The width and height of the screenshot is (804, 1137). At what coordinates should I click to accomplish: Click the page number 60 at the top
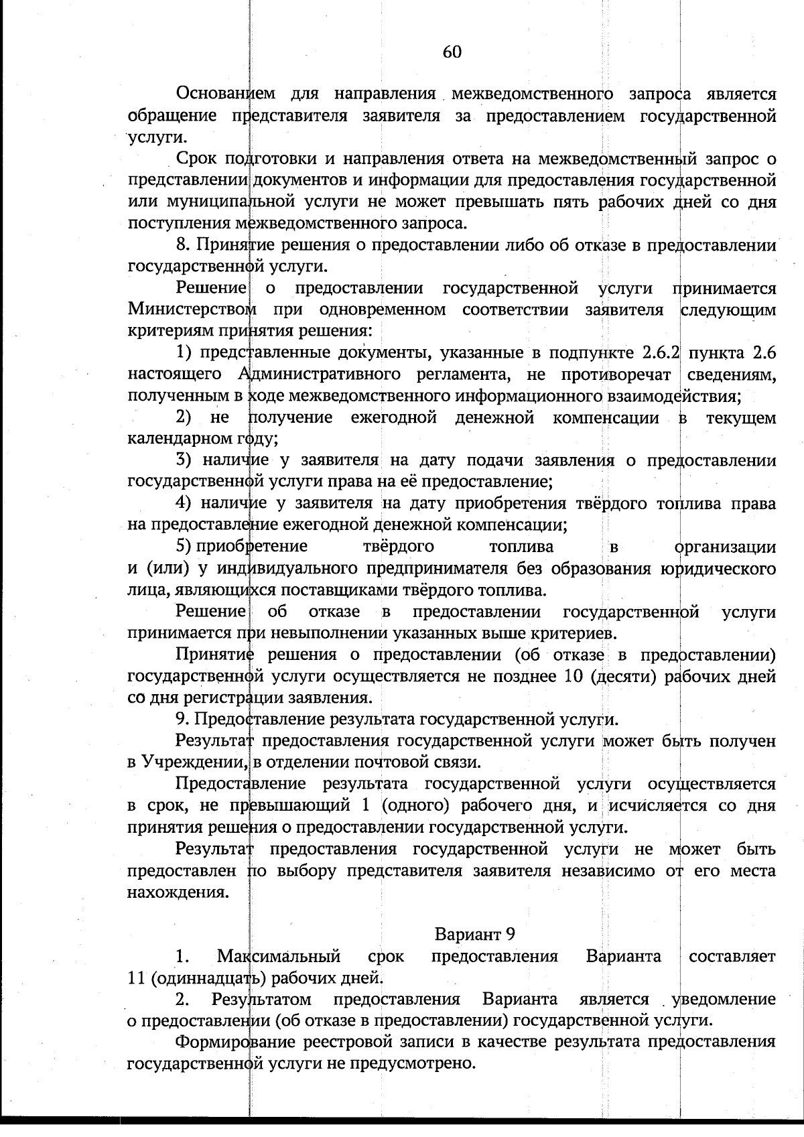[x=452, y=52]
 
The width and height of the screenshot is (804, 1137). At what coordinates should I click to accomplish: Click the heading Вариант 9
[x=474, y=934]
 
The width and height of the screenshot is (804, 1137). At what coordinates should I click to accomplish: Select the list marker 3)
[x=184, y=460]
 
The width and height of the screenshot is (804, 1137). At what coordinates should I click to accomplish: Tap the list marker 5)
[x=184, y=546]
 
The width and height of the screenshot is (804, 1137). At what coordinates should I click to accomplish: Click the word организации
[x=725, y=547]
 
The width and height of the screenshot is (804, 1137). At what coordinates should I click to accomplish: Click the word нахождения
[x=177, y=892]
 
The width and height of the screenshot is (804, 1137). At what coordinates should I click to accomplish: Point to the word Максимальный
[x=279, y=956]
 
